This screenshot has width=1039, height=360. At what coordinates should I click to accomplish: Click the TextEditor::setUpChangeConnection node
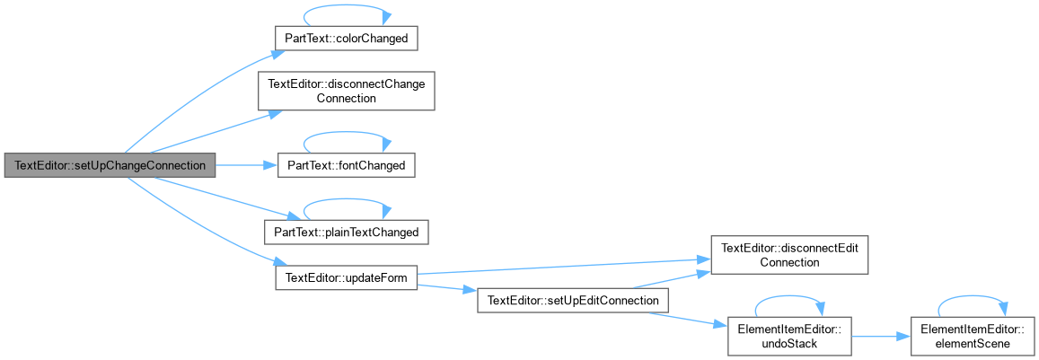(110, 164)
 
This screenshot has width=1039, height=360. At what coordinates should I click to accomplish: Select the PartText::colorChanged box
(346, 40)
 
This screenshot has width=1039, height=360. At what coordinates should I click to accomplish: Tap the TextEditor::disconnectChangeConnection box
(346, 91)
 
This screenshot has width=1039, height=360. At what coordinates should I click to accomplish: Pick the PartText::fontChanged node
(346, 164)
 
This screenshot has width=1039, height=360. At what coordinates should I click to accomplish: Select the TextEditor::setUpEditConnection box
(573, 301)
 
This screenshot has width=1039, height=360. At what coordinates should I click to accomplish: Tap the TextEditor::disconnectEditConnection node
(789, 255)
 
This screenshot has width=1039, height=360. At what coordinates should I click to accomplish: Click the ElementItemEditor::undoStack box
(789, 336)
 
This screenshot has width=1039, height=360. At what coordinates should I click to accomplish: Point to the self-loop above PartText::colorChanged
(346, 7)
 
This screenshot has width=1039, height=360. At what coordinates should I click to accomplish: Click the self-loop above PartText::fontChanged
(346, 133)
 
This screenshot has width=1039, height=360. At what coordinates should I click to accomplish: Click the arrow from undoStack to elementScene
(881, 336)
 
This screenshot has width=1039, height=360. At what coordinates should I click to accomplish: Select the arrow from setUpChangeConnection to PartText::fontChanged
(246, 164)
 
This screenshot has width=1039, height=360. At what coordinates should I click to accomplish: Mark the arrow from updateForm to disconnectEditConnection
(564, 267)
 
